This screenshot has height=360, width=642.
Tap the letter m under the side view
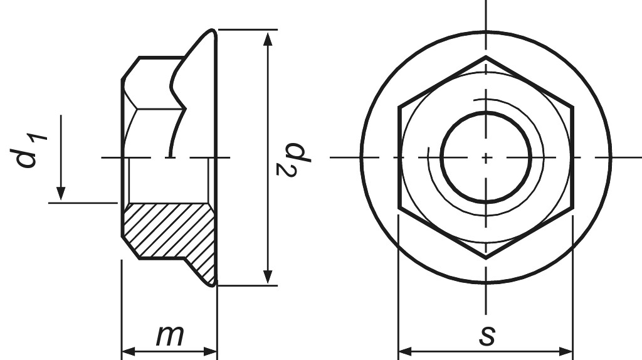click(169, 336)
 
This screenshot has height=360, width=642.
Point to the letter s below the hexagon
click(487, 335)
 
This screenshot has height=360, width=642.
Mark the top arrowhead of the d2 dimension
click(268, 38)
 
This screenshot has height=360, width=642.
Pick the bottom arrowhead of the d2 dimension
click(268, 277)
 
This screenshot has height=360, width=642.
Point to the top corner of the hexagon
click(486, 57)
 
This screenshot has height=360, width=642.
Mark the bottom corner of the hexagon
click(486, 258)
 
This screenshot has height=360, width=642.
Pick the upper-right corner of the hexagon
click(573, 107)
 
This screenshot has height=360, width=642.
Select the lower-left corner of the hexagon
click(399, 208)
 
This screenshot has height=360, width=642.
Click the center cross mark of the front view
click(486, 157)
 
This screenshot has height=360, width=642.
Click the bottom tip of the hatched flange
click(213, 284)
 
